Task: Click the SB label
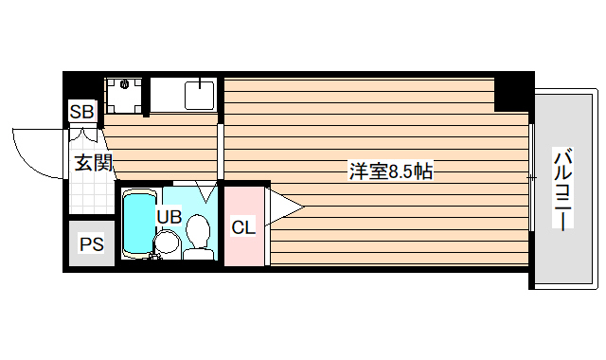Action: click(81, 113)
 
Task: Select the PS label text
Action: click(91, 244)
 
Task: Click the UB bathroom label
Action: click(169, 216)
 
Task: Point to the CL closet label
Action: click(243, 227)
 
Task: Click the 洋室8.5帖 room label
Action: click(391, 171)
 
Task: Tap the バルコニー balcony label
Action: click(561, 189)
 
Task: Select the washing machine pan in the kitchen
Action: click(125, 94)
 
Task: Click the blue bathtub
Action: click(137, 225)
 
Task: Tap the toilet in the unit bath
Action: click(199, 235)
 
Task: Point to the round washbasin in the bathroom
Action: click(166, 243)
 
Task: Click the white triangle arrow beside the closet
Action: click(284, 206)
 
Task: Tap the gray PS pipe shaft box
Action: click(91, 244)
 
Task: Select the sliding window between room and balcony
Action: click(531, 177)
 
